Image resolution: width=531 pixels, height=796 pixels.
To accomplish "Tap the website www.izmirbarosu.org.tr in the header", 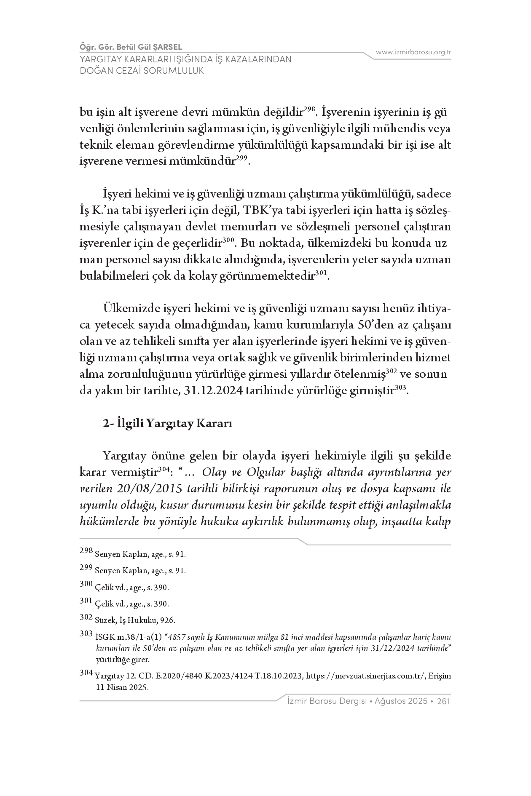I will pos(413,52).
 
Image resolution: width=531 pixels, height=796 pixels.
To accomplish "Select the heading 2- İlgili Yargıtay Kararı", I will pos(167,423).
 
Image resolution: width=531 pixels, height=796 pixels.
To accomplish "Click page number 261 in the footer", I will pos(443,701).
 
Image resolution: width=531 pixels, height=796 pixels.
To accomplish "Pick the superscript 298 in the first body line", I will pos(310,109).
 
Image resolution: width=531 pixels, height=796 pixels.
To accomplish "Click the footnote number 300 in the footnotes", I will pos(86,584).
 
